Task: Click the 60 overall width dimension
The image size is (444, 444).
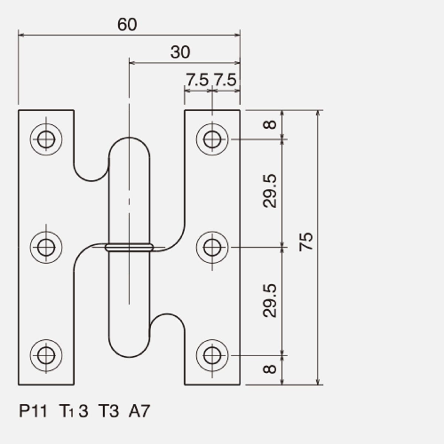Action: point(127,24)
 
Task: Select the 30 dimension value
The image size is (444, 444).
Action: point(180,52)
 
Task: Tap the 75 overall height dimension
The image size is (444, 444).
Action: point(306,242)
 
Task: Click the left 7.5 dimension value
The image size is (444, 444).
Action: point(197,80)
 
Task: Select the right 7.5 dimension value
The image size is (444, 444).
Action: point(225,80)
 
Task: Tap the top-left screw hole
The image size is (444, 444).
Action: point(46,139)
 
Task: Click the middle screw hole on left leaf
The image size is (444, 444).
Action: point(46,247)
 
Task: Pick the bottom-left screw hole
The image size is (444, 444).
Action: point(46,356)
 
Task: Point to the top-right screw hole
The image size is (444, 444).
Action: point(212,139)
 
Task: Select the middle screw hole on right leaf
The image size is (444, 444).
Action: point(212,247)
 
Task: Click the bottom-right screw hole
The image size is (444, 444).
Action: point(212,356)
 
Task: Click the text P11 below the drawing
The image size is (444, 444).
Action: point(33,411)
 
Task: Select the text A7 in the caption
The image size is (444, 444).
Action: point(139,411)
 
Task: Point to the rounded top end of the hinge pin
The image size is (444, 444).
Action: point(129,138)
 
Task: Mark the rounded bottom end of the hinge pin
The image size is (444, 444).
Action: point(129,357)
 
